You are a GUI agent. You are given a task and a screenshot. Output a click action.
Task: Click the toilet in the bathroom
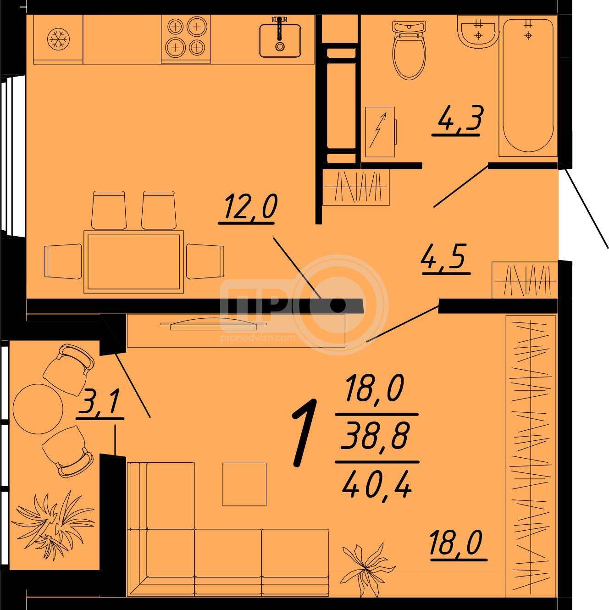(x=409, y=50)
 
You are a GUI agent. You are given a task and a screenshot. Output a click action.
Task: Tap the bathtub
(x=528, y=85)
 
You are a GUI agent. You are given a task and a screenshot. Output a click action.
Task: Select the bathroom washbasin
(x=478, y=32)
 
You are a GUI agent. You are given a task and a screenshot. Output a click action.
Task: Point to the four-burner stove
(x=186, y=39)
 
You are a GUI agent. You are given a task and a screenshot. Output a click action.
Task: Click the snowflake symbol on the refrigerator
(x=58, y=39)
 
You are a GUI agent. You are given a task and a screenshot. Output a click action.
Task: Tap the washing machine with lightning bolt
(x=380, y=132)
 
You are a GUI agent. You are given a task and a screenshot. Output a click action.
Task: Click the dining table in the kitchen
(x=133, y=262)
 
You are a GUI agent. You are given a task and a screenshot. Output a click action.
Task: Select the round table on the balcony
(x=38, y=409)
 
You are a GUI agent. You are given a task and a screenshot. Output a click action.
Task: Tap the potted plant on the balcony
(x=53, y=527)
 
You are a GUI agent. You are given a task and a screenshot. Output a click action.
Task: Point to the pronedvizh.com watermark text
(x=258, y=338)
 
